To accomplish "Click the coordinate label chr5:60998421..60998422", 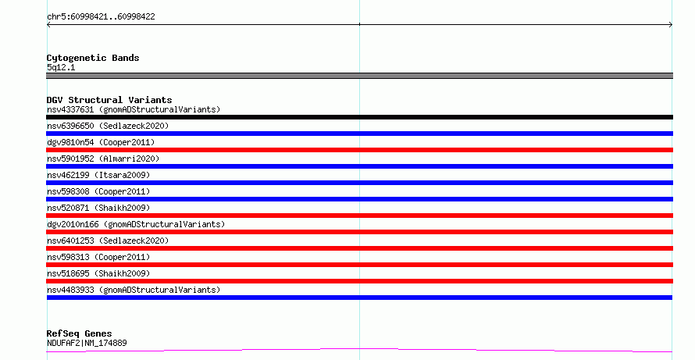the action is point(101,17).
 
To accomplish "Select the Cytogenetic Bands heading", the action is point(93,58).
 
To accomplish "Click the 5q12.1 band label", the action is point(61,67).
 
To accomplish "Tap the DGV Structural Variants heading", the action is point(109,100).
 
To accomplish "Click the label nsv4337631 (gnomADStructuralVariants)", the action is point(134,109).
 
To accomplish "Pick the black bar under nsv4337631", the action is point(359,117).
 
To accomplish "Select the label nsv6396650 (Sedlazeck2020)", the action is point(108,126).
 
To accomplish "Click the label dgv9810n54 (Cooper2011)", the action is point(101,142).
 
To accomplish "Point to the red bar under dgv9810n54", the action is point(359,150).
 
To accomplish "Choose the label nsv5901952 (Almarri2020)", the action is point(103,159).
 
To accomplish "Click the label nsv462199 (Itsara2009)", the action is point(98,175).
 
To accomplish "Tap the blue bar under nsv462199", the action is point(359,183).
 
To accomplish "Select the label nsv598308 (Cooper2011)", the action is point(98,191).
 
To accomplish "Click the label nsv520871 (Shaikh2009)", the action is point(98,208).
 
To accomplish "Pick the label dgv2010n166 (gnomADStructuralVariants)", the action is point(136,224).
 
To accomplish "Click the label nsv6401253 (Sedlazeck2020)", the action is point(108,241).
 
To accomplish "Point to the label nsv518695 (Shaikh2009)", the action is point(98,273).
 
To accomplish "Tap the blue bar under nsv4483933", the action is point(359,298).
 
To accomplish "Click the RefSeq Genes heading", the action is point(79,333).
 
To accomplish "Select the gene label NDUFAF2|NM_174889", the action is point(87,343).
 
